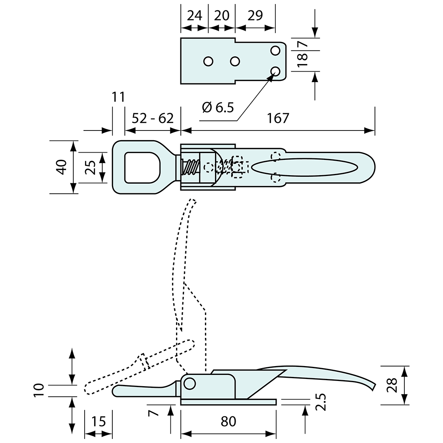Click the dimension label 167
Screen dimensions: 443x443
point(278,118)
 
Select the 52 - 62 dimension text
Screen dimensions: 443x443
point(153,118)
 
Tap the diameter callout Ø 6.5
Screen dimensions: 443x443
point(218,107)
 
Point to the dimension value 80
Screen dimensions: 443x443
point(228,421)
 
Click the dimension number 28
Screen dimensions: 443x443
point(391,385)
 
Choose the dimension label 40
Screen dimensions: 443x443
point(61,167)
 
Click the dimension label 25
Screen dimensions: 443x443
point(91,167)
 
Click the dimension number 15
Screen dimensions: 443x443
point(98,421)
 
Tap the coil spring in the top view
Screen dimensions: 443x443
point(191,167)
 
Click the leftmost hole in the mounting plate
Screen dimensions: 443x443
point(208,61)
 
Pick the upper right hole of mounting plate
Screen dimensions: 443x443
point(275,51)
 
